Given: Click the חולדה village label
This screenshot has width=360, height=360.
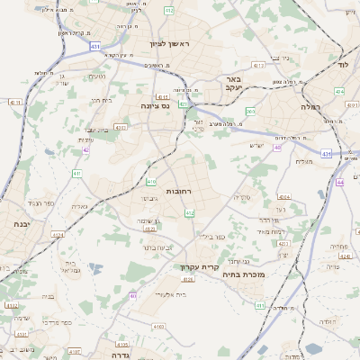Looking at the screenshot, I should coord(327,321).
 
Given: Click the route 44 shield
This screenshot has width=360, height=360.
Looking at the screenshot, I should coord(340,183).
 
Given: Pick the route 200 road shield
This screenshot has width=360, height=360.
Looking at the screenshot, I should coord(250,112).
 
